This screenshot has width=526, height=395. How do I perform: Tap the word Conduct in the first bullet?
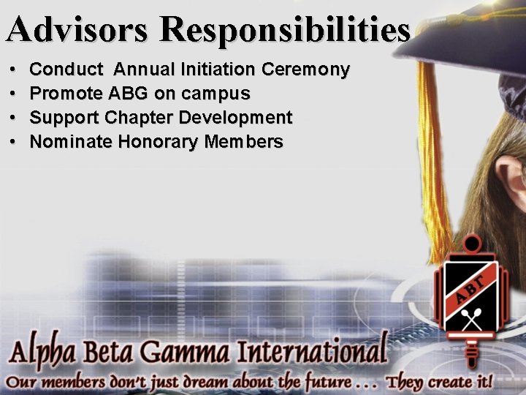pos(66,70)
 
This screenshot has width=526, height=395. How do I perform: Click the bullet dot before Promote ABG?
pos(15,94)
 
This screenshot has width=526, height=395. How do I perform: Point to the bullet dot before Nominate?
pos(15,142)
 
